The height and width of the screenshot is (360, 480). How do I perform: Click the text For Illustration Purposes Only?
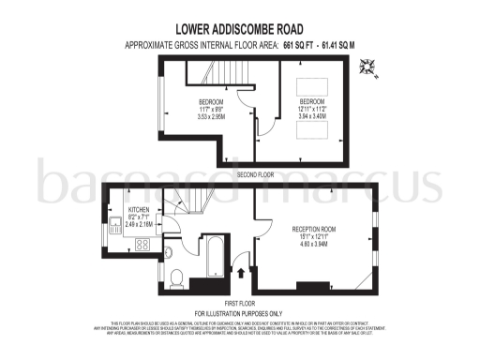point(239,311)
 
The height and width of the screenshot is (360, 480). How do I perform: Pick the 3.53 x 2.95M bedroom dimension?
point(210,116)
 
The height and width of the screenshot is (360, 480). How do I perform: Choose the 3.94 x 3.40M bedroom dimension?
point(311,116)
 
